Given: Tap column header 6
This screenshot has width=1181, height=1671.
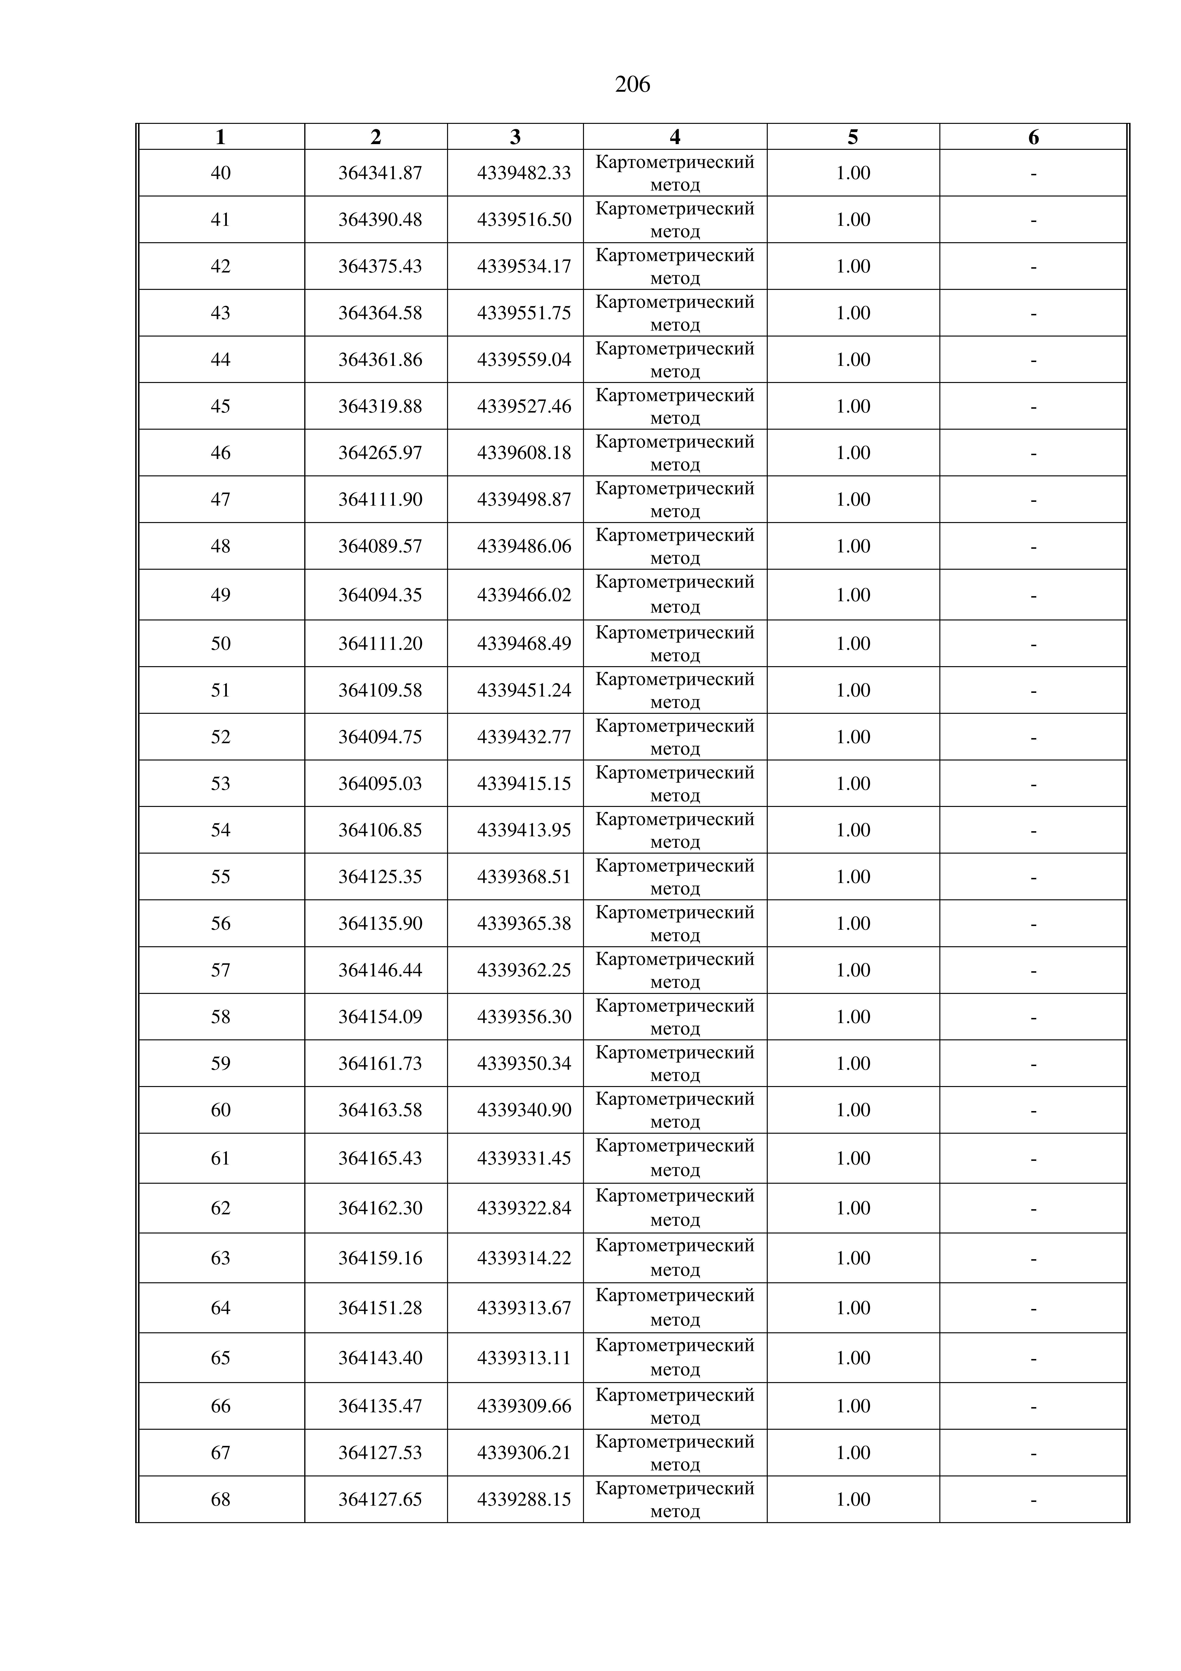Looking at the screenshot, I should point(1033,137).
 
